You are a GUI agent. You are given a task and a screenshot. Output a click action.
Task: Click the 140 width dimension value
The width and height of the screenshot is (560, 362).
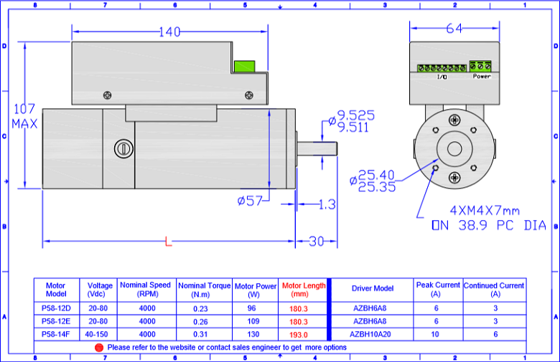coord(169,32)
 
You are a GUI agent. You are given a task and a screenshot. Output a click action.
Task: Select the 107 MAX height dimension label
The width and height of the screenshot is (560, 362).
coord(24,116)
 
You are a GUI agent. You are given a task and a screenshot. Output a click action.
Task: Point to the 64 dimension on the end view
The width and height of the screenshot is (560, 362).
coord(454,28)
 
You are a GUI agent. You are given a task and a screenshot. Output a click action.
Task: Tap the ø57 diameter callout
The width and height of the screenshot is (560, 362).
coord(250,201)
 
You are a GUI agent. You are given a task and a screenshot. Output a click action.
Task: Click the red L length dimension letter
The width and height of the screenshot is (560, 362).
coord(168,242)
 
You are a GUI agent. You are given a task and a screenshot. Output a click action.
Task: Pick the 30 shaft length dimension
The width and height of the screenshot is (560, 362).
coord(316,242)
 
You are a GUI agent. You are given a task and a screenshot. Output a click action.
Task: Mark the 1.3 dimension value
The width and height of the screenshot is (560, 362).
coord(327,204)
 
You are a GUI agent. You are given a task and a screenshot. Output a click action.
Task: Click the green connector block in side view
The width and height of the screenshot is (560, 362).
coord(245,67)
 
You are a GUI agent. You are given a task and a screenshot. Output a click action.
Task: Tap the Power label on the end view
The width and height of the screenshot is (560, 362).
coord(482,76)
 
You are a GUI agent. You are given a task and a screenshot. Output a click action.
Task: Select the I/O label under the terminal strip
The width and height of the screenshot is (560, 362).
coord(442,77)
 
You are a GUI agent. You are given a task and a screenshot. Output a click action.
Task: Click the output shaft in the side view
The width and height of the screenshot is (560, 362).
coord(317,148)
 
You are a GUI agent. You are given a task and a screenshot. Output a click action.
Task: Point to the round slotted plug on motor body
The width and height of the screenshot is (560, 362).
coord(123,148)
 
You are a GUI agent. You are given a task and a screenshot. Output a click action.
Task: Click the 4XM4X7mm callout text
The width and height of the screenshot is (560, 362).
coord(485,211)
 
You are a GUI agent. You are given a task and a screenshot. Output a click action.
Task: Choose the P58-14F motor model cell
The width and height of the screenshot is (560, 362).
coord(56,334)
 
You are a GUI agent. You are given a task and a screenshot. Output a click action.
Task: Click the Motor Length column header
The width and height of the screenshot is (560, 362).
coord(304,290)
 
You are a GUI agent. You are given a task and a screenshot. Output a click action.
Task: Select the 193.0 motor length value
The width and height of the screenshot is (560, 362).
coord(299,335)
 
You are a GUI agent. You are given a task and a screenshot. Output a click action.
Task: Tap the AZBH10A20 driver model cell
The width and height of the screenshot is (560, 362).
coord(370,334)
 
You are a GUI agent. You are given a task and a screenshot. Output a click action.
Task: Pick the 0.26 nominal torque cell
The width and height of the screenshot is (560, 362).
coord(200,322)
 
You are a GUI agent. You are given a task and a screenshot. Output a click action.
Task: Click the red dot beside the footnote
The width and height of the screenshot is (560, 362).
coord(99,348)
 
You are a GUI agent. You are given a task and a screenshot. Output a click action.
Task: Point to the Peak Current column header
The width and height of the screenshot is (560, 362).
coord(438,290)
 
